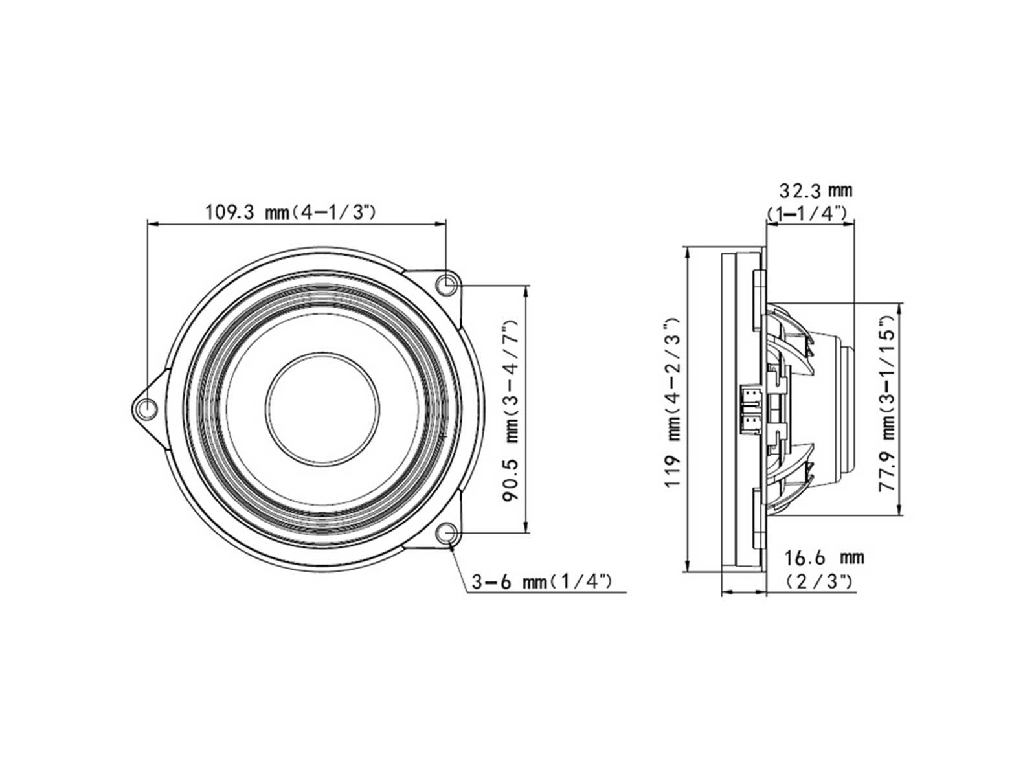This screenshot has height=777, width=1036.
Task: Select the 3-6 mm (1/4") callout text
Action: (x=541, y=581)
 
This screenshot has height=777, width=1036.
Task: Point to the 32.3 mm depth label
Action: (x=816, y=190)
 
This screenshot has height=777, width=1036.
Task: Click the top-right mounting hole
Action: (x=445, y=284)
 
